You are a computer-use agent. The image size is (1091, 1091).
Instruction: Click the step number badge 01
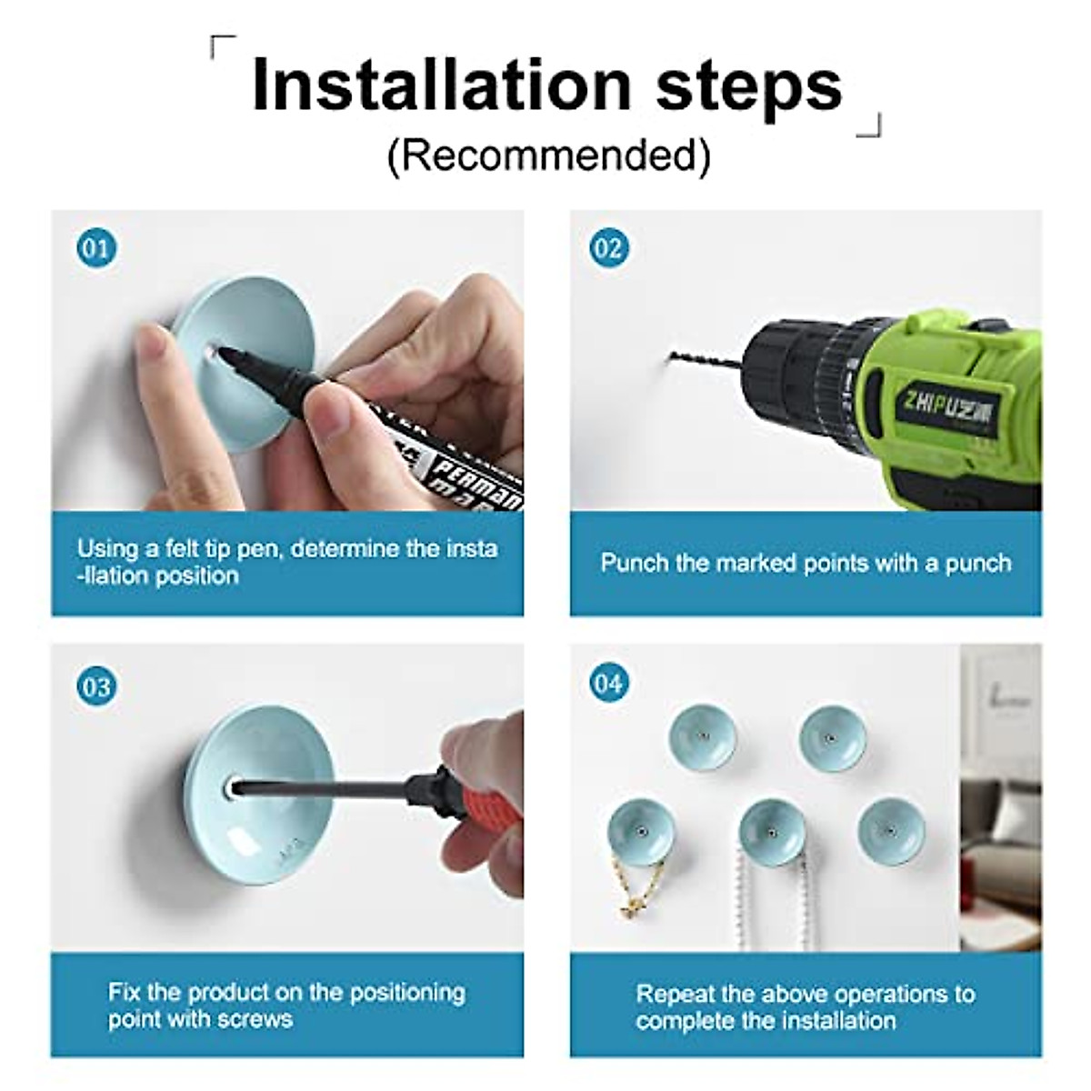(96, 248)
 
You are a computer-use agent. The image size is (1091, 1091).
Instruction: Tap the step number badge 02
(609, 248)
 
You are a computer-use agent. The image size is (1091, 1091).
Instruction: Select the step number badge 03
(96, 686)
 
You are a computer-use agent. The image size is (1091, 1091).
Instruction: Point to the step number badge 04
(609, 683)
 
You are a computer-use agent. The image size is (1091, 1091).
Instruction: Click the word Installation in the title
(441, 85)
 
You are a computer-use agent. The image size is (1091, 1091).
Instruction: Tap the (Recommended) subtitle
(548, 156)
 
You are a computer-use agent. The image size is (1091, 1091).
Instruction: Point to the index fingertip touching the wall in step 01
(148, 340)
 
